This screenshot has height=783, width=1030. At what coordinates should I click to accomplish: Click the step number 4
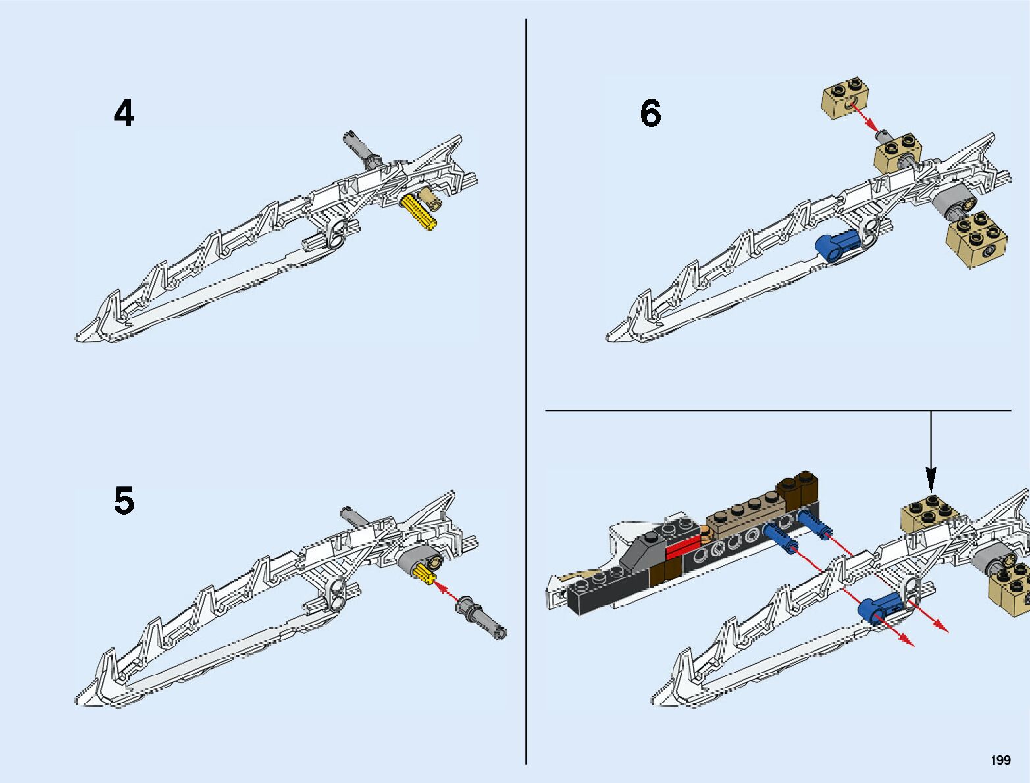point(124,113)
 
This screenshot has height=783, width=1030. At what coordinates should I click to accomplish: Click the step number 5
point(124,501)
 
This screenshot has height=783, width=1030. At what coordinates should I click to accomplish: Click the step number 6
point(650,113)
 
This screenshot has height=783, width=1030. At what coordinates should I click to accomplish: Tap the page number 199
point(1000,760)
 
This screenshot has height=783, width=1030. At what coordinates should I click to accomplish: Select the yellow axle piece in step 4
point(419,212)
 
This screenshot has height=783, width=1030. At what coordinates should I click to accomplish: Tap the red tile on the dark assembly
point(683,547)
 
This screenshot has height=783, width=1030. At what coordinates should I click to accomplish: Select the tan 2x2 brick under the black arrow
point(929,514)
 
